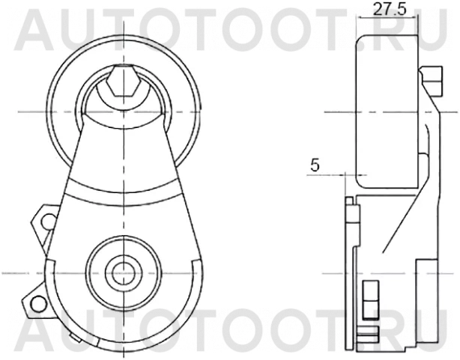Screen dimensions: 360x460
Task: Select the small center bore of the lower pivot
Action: pos(122,271)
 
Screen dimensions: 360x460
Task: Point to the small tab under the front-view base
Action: pos(76,338)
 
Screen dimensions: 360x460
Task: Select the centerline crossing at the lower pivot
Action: pos(122,271)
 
